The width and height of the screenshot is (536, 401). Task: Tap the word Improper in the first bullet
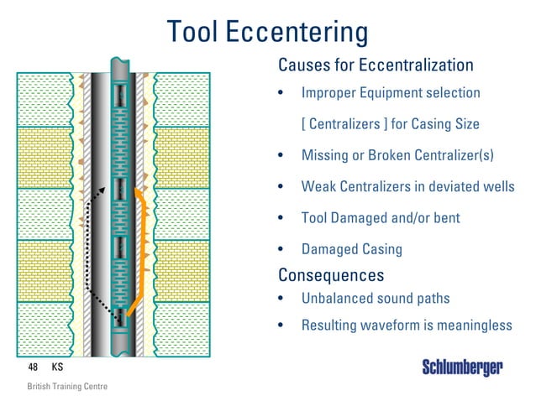(331, 92)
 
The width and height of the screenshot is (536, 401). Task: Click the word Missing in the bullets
(326, 155)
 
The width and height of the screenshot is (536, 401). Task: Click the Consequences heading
(331, 275)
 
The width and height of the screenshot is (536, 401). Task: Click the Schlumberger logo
(461, 367)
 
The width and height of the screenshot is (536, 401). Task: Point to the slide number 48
(34, 367)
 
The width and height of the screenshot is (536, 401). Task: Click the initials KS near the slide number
(58, 367)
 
